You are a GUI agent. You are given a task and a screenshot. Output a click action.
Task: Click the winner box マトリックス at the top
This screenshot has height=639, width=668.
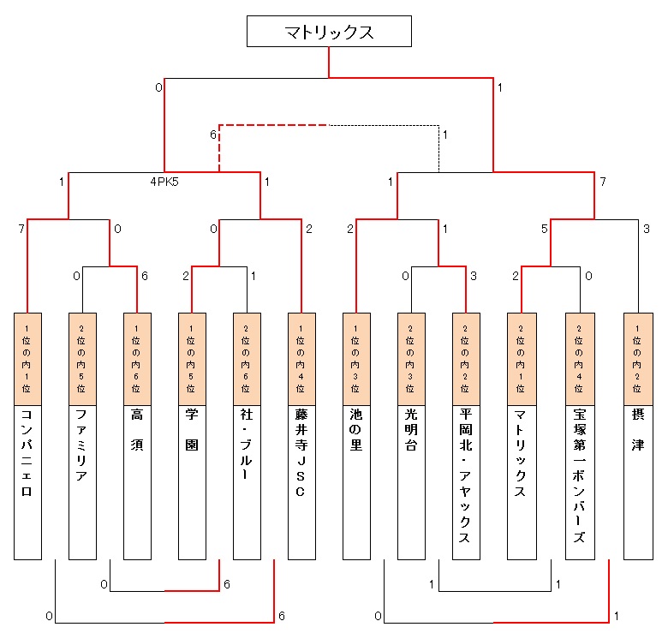click(330, 32)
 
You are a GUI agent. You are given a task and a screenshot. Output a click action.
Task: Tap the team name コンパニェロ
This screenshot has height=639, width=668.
click(27, 455)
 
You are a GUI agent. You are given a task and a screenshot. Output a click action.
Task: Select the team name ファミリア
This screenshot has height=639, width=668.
click(82, 445)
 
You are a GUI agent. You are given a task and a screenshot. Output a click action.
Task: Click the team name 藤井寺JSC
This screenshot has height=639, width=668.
click(301, 454)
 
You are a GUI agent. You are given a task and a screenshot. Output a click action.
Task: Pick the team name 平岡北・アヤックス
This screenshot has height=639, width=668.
click(466, 475)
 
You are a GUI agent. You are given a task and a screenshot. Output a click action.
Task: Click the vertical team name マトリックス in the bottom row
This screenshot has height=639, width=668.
click(521, 455)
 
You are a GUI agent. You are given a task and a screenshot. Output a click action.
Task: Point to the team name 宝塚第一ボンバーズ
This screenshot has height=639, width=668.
click(579, 475)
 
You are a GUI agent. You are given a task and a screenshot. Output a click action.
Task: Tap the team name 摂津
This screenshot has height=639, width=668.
click(637, 429)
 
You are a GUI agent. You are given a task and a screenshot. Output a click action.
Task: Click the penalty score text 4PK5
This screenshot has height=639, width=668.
click(164, 182)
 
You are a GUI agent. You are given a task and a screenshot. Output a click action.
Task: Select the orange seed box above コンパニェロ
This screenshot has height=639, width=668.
click(27, 360)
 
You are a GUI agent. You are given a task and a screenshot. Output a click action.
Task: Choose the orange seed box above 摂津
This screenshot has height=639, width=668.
click(637, 360)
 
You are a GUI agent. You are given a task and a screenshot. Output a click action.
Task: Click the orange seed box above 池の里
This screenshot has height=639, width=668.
click(356, 360)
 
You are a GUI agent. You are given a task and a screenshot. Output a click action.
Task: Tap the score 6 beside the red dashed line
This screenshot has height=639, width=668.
click(212, 134)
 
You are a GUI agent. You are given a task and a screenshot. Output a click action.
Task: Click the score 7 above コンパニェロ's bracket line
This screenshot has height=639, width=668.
click(20, 229)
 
